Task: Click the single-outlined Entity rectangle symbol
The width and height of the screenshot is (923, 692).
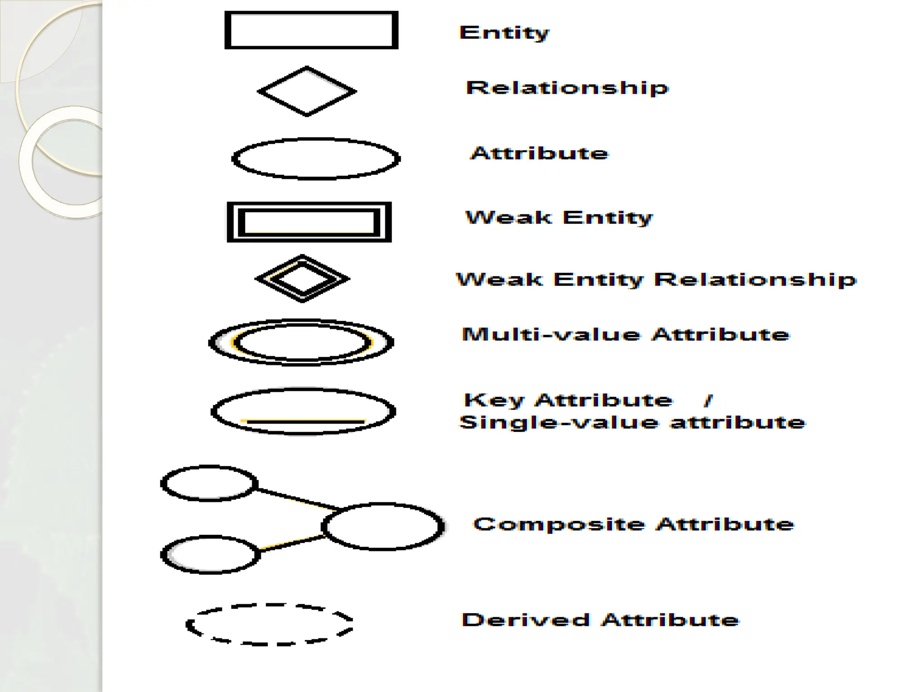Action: (x=311, y=30)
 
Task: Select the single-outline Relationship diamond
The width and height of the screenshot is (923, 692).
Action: (x=307, y=91)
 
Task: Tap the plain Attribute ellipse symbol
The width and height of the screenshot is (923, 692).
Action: (x=315, y=159)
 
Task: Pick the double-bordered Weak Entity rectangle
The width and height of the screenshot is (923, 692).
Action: (x=309, y=222)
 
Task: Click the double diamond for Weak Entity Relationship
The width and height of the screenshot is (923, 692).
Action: (x=302, y=279)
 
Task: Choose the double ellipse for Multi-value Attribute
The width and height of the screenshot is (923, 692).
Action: (x=301, y=342)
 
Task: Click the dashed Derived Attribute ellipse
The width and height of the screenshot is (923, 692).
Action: (x=270, y=624)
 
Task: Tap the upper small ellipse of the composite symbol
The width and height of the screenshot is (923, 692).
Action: (x=209, y=483)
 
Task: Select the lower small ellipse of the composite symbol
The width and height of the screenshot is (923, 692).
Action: (x=210, y=555)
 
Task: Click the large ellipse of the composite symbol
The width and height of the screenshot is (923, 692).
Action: (x=383, y=526)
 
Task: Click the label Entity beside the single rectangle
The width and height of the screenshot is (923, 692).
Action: (x=504, y=33)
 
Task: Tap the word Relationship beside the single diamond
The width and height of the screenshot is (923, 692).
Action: (x=567, y=88)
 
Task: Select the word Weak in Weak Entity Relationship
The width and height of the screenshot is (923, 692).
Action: (x=499, y=280)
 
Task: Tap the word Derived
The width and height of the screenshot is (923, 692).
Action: (x=525, y=620)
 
